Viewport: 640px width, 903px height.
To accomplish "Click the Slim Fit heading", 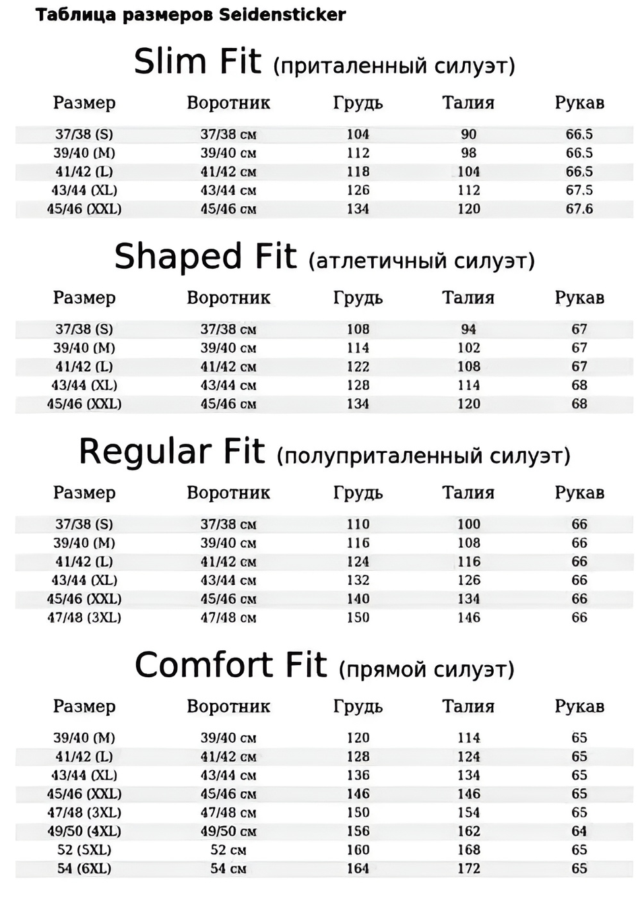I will click(x=197, y=62).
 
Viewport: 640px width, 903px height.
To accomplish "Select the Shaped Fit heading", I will click(x=205, y=257).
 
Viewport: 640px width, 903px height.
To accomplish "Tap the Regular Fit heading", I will click(x=172, y=452).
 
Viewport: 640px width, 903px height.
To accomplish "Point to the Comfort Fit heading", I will click(x=230, y=665).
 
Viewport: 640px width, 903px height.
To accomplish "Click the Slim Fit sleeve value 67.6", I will click(x=579, y=209).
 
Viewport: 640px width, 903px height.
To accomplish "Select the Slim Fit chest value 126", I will click(x=358, y=190).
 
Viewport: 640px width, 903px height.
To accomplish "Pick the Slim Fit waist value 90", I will click(x=468, y=134).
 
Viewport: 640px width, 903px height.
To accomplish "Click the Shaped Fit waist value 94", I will click(x=468, y=329).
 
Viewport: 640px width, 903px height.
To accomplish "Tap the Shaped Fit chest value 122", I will click(x=358, y=367).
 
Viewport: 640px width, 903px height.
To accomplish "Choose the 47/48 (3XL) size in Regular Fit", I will click(x=84, y=617).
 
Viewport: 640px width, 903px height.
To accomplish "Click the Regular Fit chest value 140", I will click(x=358, y=598).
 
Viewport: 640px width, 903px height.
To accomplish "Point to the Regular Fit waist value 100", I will click(x=468, y=524).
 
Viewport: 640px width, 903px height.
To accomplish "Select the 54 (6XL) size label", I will click(x=84, y=869).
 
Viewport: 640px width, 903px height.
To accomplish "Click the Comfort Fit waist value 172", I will click(x=468, y=869).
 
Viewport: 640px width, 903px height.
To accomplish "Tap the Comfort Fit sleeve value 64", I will click(x=579, y=831).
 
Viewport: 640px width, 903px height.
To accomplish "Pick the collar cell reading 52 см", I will click(x=228, y=850).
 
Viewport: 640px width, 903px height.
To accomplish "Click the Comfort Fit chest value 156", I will click(x=358, y=831).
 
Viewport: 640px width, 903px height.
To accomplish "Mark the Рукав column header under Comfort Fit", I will click(x=579, y=707).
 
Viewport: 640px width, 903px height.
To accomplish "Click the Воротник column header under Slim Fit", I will click(x=228, y=103).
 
